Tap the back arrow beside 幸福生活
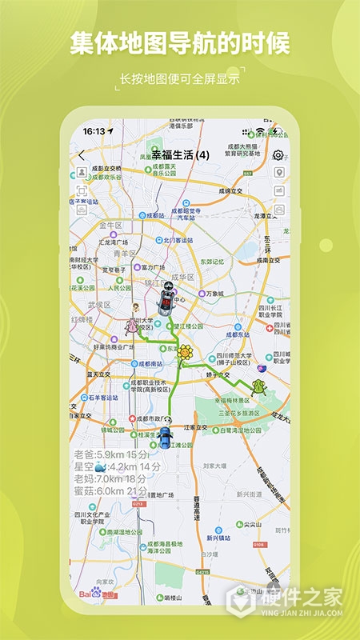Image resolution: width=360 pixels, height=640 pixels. [81, 155]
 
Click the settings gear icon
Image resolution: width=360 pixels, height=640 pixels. [278, 155]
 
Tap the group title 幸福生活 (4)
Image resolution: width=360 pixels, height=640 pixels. [180, 155]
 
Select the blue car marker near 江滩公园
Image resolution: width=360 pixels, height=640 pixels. [165, 437]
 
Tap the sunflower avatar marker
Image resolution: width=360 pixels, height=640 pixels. [186, 353]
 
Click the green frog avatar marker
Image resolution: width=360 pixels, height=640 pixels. [258, 387]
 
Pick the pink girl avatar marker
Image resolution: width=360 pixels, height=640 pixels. [132, 326]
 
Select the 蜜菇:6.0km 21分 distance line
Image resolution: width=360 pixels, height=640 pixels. [111, 491]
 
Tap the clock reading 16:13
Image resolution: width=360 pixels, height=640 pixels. [94, 130]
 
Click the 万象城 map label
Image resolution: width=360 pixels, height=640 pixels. [214, 294]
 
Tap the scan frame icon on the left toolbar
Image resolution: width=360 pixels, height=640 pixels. [82, 190]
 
